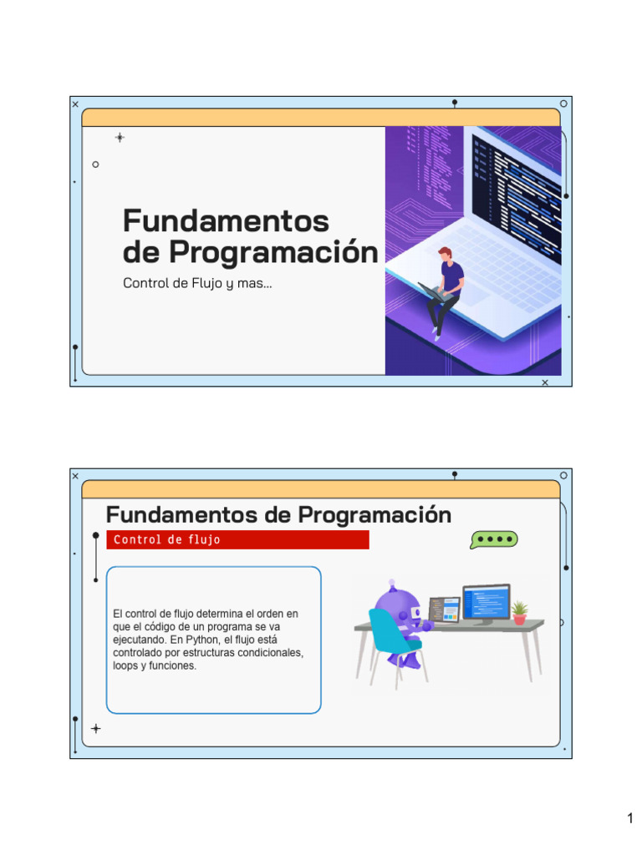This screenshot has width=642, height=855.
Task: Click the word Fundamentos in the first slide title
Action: point(226,221)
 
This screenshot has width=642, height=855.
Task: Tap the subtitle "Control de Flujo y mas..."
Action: point(197,283)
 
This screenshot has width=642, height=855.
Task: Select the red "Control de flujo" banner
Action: point(237,539)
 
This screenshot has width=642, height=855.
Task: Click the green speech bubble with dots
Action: point(493,539)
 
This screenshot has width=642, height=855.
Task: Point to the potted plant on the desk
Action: point(519,612)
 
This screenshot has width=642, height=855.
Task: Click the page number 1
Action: point(629,818)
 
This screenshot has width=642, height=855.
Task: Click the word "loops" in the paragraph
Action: point(125,666)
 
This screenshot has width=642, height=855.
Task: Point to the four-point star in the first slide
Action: point(120,137)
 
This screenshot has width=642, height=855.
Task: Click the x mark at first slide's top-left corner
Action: point(75,104)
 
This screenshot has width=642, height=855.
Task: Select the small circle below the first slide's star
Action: point(95,164)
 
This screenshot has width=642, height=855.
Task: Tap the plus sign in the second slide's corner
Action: point(95,728)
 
